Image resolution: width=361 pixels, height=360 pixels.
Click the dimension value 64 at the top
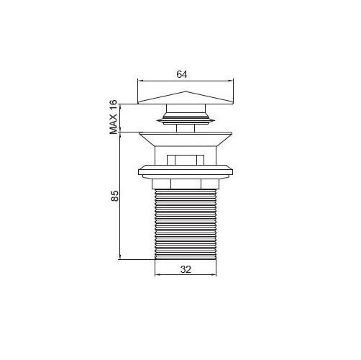[x=182, y=74]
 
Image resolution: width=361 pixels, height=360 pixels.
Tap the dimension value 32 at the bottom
[x=186, y=269]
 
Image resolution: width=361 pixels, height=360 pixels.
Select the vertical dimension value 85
[x=114, y=196]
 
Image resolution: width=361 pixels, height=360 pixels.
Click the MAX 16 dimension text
[x=114, y=117]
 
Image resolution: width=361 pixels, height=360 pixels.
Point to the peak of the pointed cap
[x=186, y=91]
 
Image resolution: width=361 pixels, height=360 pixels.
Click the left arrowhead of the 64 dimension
[x=140, y=81]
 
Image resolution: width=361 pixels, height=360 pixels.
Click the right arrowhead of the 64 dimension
[x=231, y=81]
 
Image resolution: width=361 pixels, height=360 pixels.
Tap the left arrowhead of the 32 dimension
[x=157, y=274]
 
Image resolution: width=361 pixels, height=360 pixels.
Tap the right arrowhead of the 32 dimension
[x=214, y=274]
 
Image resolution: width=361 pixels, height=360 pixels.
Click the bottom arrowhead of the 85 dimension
[x=120, y=257]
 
